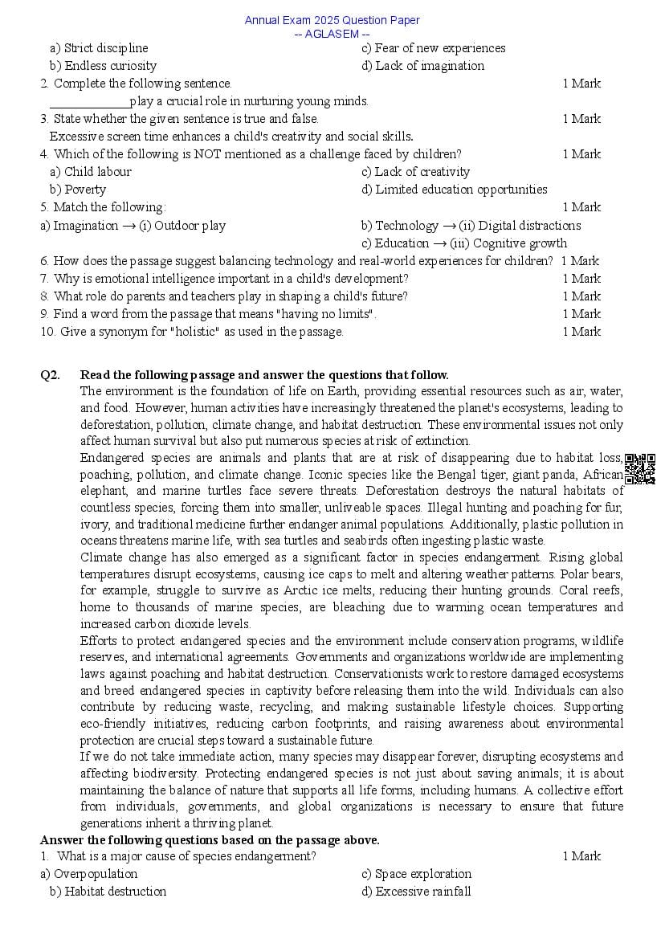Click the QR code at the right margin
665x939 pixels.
639,469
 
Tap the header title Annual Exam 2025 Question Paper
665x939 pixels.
332,20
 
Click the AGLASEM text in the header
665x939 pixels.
332,34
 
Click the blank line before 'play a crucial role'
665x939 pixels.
89,102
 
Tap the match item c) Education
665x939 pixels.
395,243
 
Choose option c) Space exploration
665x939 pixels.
417,874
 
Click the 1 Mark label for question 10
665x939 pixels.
581,332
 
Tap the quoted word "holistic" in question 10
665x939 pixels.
191,332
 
